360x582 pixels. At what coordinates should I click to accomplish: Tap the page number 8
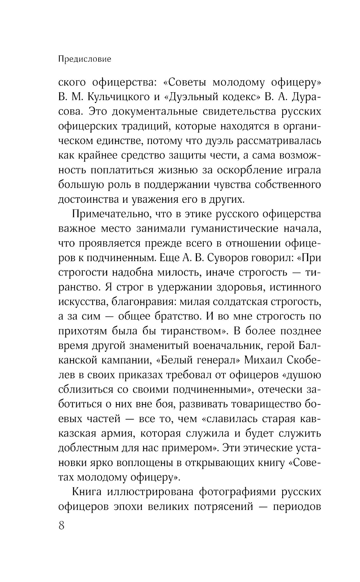[x=61, y=525]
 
